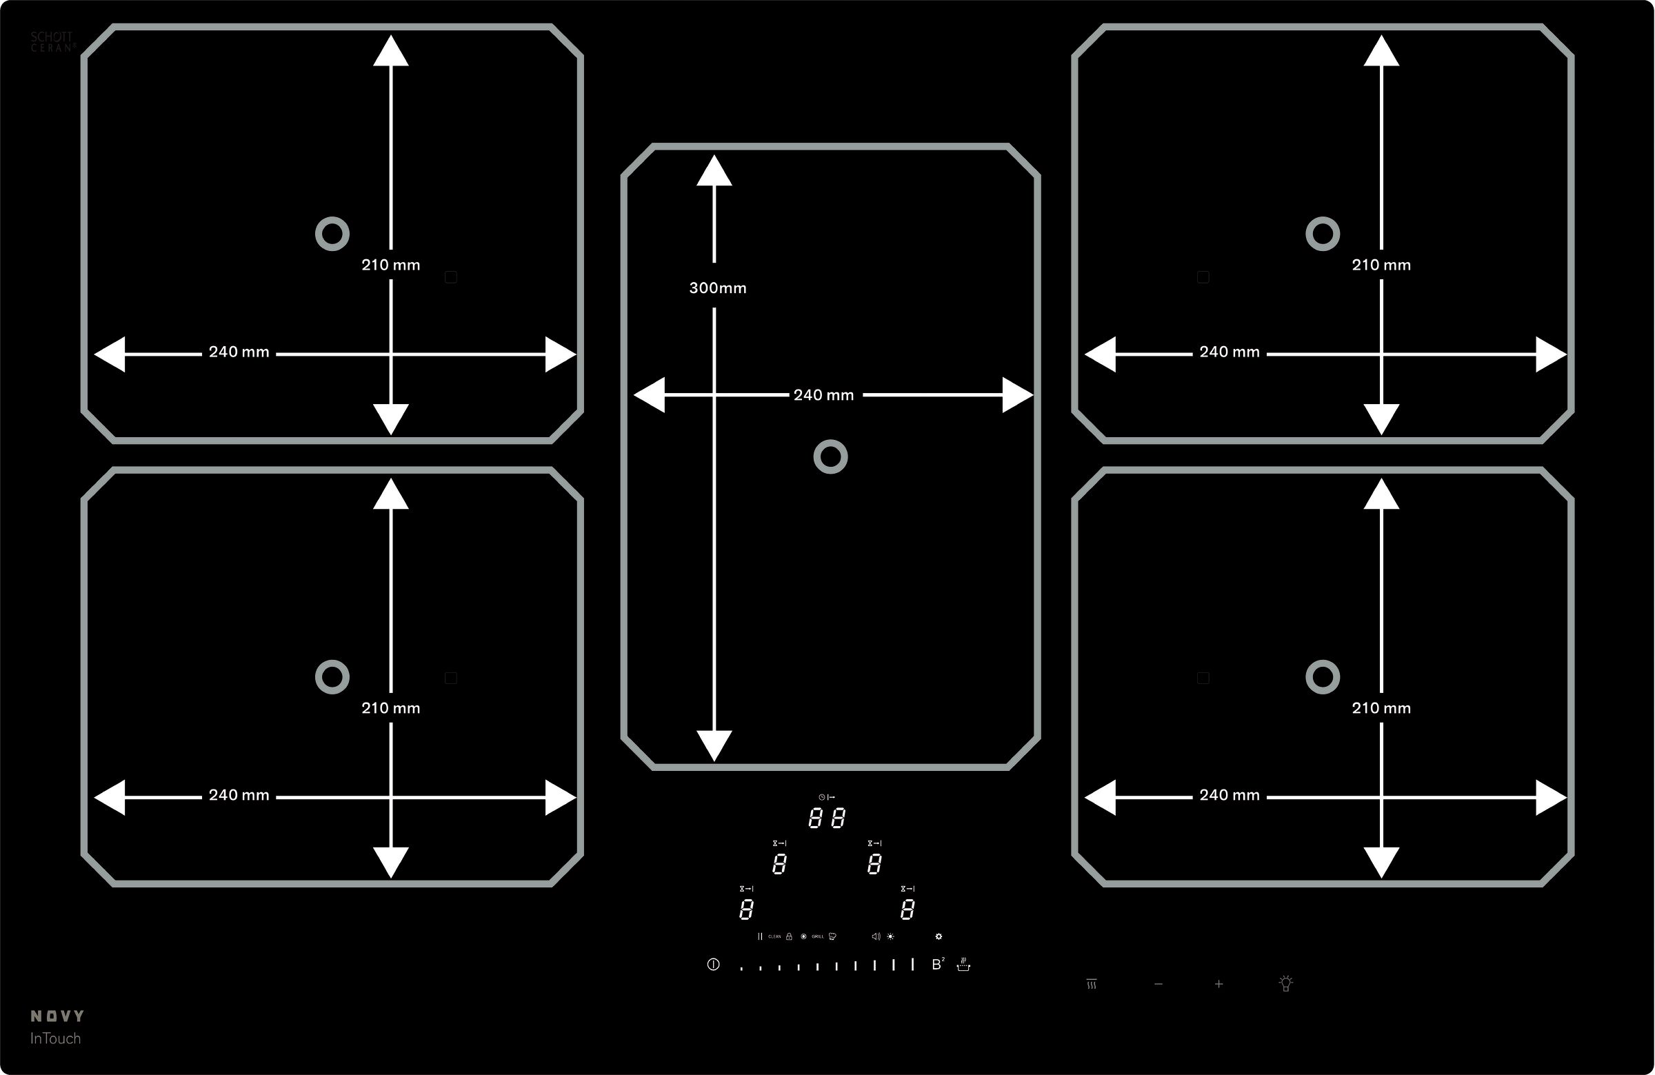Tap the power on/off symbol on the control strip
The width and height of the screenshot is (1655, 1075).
(x=713, y=965)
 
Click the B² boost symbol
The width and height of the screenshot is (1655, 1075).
(x=937, y=965)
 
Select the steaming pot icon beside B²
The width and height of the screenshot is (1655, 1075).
(x=963, y=965)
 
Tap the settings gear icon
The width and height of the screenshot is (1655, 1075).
(x=939, y=936)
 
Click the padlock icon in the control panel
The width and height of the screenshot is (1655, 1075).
(x=789, y=936)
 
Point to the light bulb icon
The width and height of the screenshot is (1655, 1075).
(x=1286, y=983)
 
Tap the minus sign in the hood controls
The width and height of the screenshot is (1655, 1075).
(x=1158, y=984)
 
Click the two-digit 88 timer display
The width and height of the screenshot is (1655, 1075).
(x=827, y=818)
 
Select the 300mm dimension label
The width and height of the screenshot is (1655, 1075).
(x=718, y=288)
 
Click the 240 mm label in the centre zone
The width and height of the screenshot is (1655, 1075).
(x=823, y=395)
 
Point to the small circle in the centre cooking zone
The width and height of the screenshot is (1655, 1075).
(x=830, y=457)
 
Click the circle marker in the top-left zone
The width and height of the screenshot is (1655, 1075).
(x=332, y=234)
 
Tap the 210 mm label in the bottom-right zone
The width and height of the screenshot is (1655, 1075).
(x=1381, y=708)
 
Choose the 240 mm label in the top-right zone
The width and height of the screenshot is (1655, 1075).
(x=1230, y=352)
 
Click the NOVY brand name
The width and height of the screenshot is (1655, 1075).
(x=57, y=1016)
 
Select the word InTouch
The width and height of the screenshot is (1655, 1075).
(x=55, y=1038)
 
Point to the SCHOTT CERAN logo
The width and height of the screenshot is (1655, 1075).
(x=52, y=42)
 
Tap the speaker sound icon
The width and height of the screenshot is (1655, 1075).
(x=876, y=936)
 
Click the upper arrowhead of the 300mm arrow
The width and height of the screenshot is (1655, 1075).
(x=714, y=171)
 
